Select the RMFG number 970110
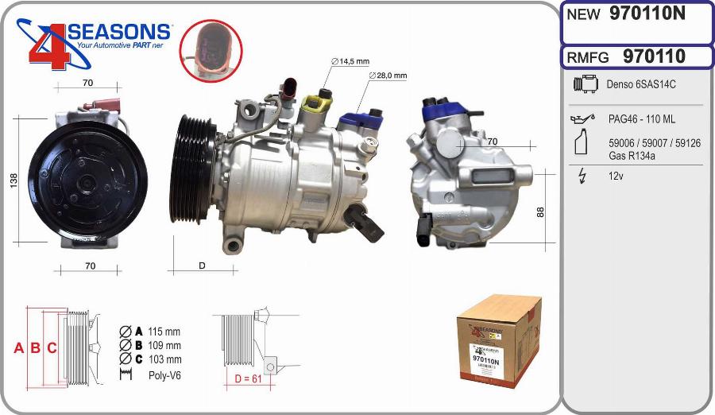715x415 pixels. click(x=654, y=56)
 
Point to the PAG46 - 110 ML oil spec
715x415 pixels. click(x=643, y=119)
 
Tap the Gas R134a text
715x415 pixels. click(x=632, y=155)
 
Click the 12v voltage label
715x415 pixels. click(x=616, y=176)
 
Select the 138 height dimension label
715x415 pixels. click(x=12, y=180)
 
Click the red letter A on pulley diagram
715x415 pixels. click(x=18, y=347)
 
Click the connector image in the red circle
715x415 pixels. click(x=210, y=49)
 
